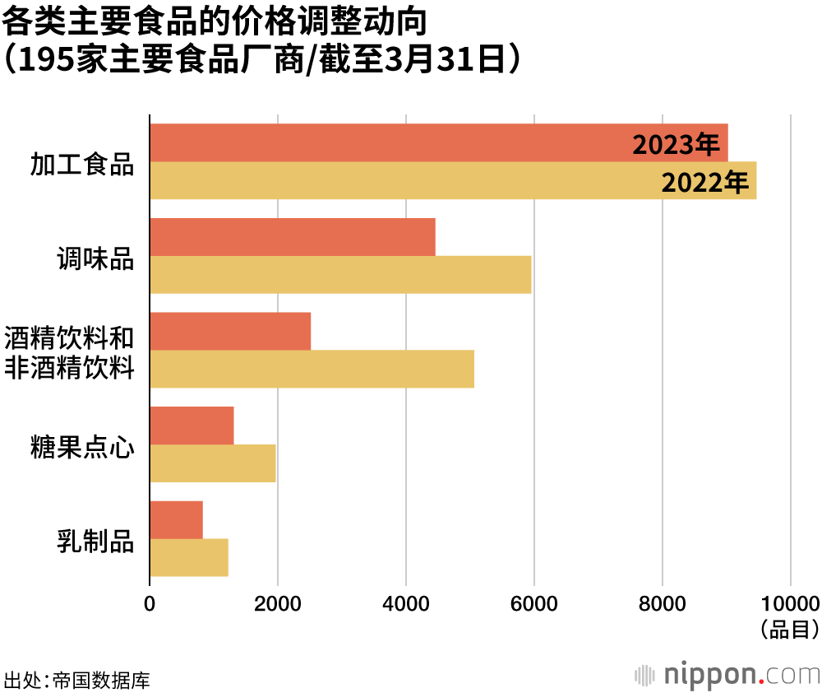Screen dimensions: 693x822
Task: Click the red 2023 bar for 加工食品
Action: [x=386, y=142]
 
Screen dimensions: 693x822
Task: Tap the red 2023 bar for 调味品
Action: [x=293, y=237]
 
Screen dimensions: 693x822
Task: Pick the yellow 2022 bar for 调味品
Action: [x=340, y=275]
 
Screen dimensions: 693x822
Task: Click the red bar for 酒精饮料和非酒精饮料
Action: [x=230, y=331]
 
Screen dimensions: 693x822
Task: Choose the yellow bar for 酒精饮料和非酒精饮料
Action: [x=312, y=369]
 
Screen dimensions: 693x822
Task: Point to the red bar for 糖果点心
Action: [x=192, y=426]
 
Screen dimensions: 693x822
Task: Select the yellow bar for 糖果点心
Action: [x=213, y=463]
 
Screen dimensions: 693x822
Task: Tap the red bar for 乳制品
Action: [x=176, y=520]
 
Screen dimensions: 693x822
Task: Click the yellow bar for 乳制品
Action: [x=189, y=558]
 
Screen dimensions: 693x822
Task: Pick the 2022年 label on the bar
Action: [x=705, y=182]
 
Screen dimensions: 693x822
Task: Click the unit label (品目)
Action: [x=789, y=630]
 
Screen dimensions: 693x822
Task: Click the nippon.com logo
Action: [x=727, y=674]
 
